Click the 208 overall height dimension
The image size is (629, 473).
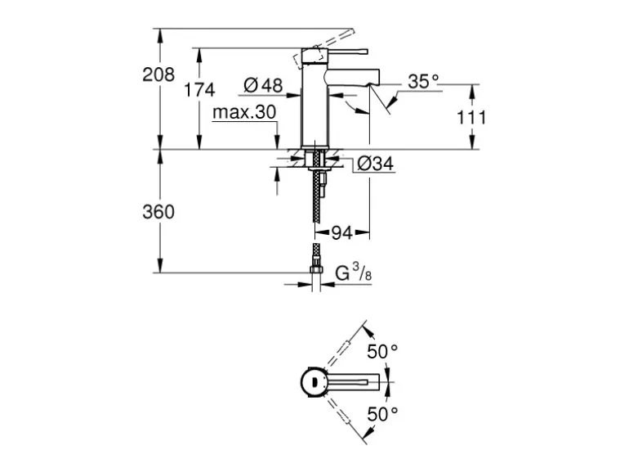pyautogui.click(x=158, y=75)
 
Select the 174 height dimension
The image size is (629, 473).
pyautogui.click(x=199, y=90)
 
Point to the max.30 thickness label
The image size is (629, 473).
pyautogui.click(x=244, y=113)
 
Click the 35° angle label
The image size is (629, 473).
pyautogui.click(x=423, y=81)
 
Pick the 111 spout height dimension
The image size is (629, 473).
pyautogui.click(x=471, y=117)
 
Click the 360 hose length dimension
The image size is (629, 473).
pyautogui.click(x=158, y=212)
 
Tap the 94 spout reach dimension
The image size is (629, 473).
pyautogui.click(x=341, y=233)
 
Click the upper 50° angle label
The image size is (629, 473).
pyautogui.click(x=381, y=350)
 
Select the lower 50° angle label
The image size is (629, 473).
pyautogui.click(x=381, y=414)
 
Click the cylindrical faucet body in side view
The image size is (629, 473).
pyautogui.click(x=314, y=106)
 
